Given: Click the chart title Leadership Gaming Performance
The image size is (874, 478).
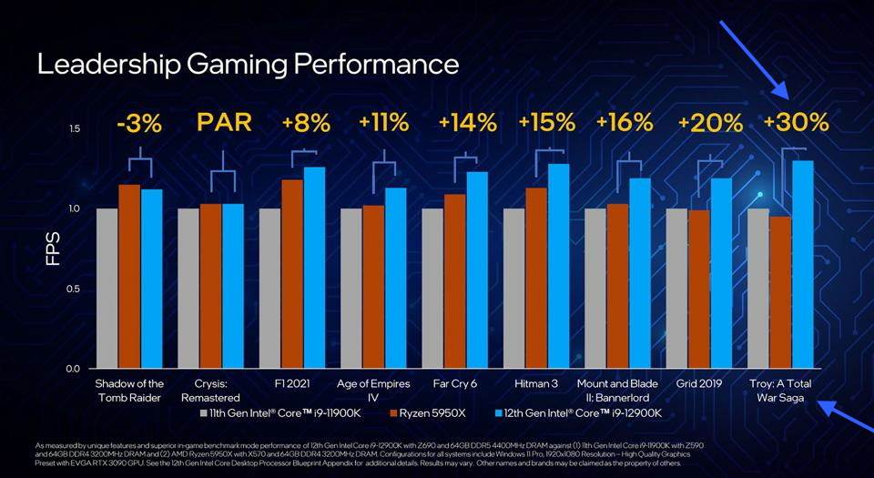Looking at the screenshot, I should click(247, 65).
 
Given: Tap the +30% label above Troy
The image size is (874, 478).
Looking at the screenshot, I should click(796, 123).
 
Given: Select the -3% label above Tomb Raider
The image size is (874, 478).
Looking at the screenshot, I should click(139, 123).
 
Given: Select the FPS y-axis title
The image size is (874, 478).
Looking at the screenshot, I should click(53, 249).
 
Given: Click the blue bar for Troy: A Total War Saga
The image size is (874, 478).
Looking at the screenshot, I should click(802, 264).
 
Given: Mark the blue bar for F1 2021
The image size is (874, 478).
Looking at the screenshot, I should click(315, 268).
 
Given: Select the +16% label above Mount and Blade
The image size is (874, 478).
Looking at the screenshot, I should click(625, 123).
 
